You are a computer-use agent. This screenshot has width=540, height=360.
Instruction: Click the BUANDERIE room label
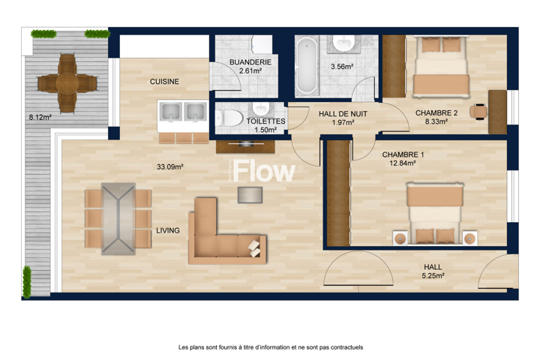coord(250,62)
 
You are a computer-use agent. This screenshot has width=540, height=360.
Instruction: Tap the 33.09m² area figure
coord(170,167)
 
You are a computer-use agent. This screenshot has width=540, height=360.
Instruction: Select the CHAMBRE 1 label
coord(403,154)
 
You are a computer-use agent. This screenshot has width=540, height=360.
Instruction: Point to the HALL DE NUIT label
coord(343,114)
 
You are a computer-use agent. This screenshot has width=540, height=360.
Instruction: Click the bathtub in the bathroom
coord(307,66)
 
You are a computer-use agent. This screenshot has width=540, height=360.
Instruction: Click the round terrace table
coord(67,83)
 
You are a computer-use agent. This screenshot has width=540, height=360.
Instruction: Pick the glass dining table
coord(118,219)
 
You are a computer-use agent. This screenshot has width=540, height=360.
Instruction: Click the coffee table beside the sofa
coord(250,195)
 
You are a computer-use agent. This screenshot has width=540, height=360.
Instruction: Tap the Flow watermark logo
coord(264,171)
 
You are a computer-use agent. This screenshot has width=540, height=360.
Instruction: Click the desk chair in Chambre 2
coord(478,111)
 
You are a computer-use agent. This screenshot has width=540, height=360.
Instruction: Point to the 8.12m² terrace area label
coord(40,118)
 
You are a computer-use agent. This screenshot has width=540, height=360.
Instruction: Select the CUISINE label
coord(164,82)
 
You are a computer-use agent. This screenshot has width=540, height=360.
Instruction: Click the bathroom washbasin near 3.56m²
coord(343,43)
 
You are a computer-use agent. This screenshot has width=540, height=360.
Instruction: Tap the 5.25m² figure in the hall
coord(433,275)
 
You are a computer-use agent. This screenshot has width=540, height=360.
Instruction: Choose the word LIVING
coord(168,230)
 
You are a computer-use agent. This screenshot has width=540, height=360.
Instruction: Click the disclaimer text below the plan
coord(271,347)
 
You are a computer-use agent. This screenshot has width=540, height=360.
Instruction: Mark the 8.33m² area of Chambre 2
coord(436,121)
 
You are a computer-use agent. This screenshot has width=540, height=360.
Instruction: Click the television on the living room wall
coord(245,143)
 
